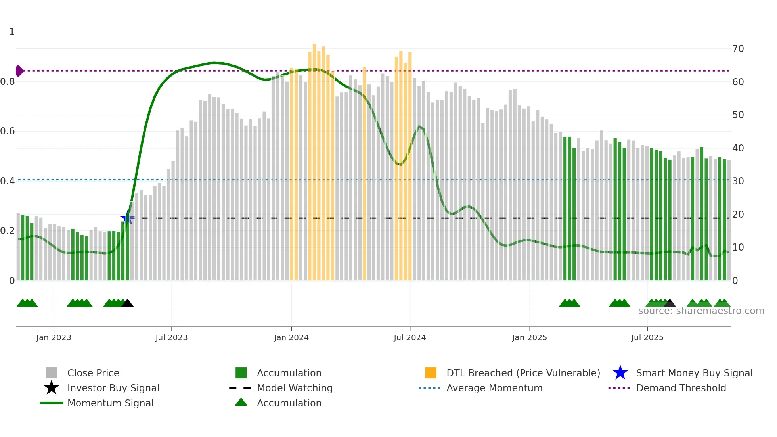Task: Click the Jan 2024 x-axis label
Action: coord(291,337)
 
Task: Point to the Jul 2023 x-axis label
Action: coord(171,337)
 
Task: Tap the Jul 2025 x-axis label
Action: coord(647,337)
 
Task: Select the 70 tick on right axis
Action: coord(738,49)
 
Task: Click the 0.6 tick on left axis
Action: coord(8,131)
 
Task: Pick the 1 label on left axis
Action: coord(12,32)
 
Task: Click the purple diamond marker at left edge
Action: coord(19,71)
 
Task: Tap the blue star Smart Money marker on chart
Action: coord(127,218)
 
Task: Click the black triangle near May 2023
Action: coord(127,303)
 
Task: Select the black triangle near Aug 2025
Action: coord(670,303)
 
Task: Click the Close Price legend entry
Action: coord(93,373)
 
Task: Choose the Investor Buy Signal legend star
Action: coord(52,388)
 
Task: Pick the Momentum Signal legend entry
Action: coord(110,403)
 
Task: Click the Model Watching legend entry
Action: coord(295,388)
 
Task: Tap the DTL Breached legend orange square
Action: coord(431,373)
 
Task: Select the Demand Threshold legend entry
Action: coord(681,388)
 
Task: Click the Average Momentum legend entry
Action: coord(494,388)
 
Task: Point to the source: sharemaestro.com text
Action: coord(701,311)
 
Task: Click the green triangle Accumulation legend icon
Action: coord(241,402)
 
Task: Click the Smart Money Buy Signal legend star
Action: coord(620,373)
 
